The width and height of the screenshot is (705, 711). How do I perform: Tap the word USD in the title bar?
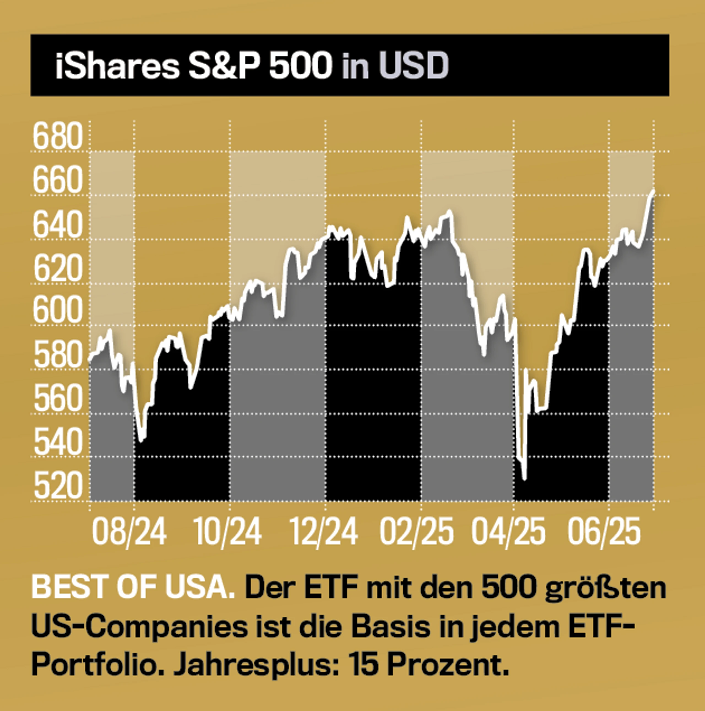[x=414, y=66]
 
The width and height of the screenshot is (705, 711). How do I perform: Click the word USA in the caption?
[x=200, y=588]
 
